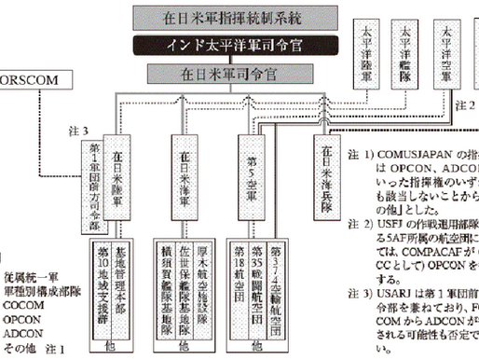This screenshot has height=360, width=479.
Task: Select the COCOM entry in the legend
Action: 22,302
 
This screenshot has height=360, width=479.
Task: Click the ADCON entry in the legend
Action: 22,332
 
